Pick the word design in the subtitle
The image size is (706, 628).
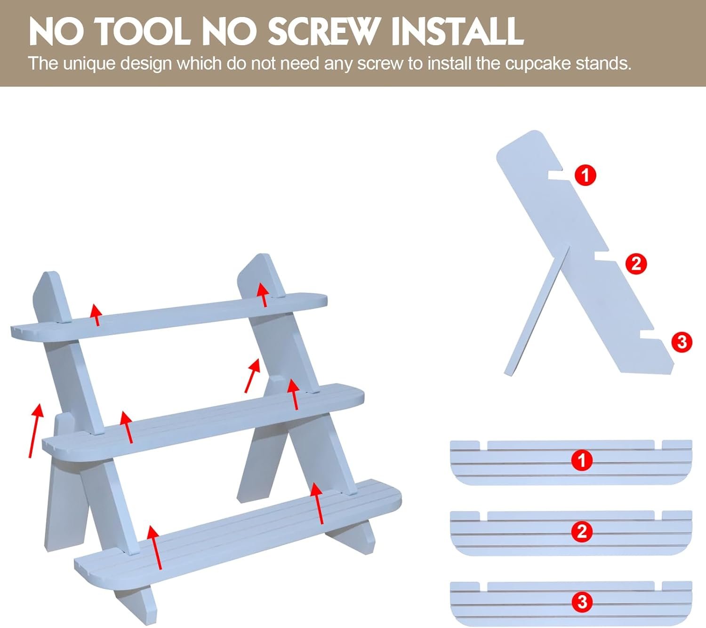click(146, 64)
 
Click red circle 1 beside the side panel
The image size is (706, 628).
click(586, 175)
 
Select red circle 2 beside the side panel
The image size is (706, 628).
click(636, 264)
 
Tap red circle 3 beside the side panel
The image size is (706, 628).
click(682, 342)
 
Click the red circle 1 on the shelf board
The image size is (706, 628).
click(582, 460)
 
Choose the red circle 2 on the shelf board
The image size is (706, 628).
click(582, 531)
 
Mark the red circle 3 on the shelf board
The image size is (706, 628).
click(582, 602)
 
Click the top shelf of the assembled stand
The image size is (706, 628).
click(169, 315)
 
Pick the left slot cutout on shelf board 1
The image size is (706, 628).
click(483, 445)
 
